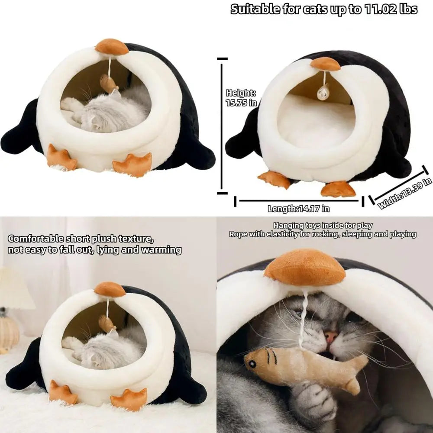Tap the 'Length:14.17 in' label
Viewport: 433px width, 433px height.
[298, 209]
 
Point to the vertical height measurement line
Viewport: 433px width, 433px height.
[222, 126]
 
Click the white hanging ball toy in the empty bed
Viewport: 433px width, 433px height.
[323, 92]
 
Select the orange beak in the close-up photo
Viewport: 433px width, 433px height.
[305, 265]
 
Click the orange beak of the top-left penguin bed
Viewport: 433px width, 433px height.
[112, 47]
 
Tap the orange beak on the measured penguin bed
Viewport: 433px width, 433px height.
[325, 64]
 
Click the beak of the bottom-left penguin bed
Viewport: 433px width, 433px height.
[110, 289]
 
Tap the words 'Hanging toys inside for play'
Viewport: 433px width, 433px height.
[323, 226]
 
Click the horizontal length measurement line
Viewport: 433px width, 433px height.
[299, 200]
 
